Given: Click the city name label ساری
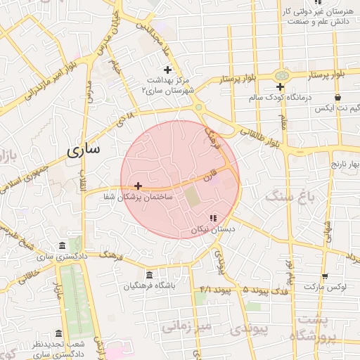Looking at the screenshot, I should [84, 149].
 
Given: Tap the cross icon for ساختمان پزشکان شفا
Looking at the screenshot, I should [138, 186].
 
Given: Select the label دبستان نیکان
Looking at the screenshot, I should [214, 230].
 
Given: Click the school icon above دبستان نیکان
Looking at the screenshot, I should [213, 218].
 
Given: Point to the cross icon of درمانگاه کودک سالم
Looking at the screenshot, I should [280, 86].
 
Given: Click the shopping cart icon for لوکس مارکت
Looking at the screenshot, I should [324, 276].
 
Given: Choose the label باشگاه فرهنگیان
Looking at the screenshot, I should [149, 286].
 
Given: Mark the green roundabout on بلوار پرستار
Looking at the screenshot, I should [282, 75].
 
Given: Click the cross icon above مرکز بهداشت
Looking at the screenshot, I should [167, 70].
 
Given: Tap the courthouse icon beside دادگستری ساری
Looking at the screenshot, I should [63, 245].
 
